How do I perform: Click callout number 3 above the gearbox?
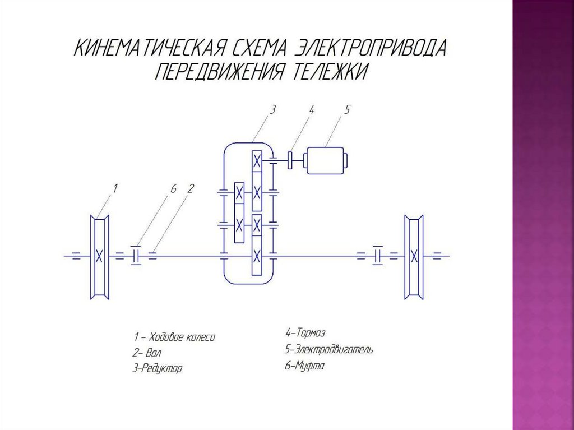(x=272, y=110)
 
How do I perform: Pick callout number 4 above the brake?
(x=311, y=110)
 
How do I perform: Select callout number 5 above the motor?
(x=347, y=110)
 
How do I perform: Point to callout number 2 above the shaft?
(x=190, y=189)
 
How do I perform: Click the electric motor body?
(x=325, y=160)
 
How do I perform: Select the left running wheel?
(x=99, y=256)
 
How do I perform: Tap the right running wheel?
(x=414, y=256)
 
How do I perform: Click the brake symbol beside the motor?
(x=290, y=160)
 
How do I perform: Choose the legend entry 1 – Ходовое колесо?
(x=174, y=337)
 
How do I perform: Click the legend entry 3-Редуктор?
(x=158, y=368)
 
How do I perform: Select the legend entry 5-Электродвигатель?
(x=328, y=350)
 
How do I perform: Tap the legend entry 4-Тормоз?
(x=305, y=334)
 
